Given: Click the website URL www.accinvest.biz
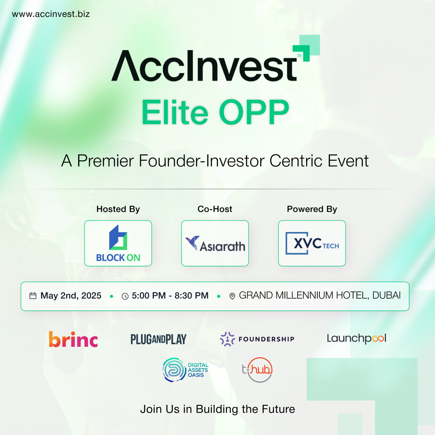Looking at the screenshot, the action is (51, 14).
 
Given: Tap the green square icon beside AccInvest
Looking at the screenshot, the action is (306, 48).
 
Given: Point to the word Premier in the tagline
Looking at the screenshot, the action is (106, 161).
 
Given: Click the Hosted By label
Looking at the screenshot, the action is (118, 209).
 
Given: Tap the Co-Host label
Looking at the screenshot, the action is (215, 209).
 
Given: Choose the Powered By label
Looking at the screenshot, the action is (312, 209).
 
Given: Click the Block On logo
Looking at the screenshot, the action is (118, 243).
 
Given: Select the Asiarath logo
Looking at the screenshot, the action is (215, 244).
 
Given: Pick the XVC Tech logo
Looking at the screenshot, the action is (312, 243).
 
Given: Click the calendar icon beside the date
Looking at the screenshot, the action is (33, 296).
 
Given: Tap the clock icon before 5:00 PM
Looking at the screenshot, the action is (125, 296).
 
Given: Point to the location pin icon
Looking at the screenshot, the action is (232, 296).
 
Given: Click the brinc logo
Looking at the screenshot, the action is (73, 339).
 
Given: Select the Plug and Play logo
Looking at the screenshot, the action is (158, 339).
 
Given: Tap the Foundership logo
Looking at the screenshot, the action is (257, 339).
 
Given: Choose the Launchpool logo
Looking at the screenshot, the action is (356, 338).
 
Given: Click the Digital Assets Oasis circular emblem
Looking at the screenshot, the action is (174, 370).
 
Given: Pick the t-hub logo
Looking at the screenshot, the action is (257, 370).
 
